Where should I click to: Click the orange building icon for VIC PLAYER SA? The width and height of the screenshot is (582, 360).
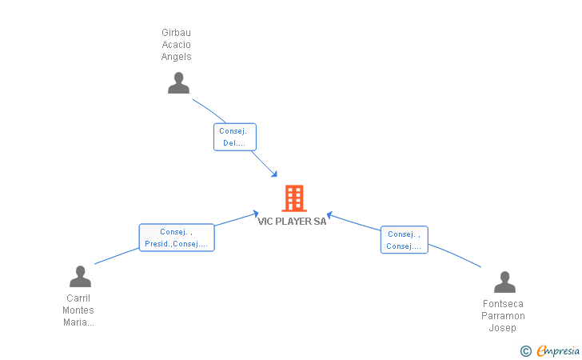coord(294,198)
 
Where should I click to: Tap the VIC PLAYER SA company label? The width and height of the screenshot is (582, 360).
coord(292,222)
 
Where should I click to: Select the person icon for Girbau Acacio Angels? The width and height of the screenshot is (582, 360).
coord(178,83)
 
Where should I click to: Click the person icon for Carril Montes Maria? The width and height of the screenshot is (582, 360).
coord(80,277)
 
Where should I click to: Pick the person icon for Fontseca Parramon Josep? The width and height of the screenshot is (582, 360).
coord(504,282)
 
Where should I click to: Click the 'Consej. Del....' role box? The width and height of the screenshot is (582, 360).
coord(235,137)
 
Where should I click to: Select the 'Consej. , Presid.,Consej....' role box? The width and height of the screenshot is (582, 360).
coord(177,238)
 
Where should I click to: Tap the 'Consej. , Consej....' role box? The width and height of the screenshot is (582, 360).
coord(404,240)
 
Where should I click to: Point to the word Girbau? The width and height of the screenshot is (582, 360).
coord(177,33)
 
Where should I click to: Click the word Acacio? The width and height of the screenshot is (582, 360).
coord(177,45)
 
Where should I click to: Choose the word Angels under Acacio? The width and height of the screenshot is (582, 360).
coord(177,57)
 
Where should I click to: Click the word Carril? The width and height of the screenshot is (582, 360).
coord(78,298)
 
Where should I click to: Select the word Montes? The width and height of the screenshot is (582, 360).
coord(78,310)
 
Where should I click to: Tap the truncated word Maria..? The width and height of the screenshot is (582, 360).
coord(78,322)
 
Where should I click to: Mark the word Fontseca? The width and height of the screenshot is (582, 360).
coord(504,304)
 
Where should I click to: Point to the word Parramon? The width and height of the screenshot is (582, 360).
coord(504,316)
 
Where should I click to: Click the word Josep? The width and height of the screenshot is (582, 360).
coord(504,328)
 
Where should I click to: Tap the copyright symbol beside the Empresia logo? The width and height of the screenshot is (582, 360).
coord(525,350)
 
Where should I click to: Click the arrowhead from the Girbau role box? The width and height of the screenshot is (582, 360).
coord(274,174)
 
